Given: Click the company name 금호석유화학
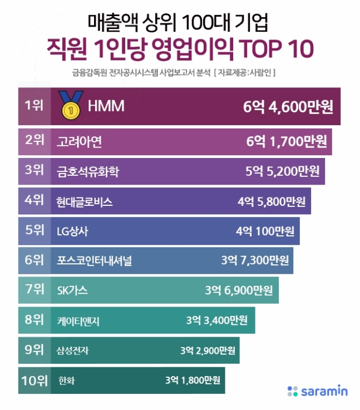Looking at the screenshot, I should [88, 171].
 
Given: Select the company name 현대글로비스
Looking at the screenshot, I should [85, 201].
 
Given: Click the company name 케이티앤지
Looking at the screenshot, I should [78, 320].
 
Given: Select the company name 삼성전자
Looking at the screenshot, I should [73, 350].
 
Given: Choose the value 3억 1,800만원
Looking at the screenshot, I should [193, 381].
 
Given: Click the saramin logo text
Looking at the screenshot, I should [324, 392].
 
